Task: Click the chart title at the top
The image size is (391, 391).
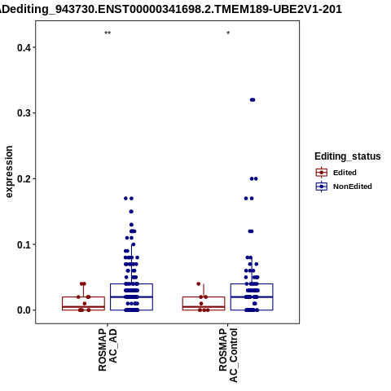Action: (x=171, y=10)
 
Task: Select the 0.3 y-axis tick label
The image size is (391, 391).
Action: (x=23, y=113)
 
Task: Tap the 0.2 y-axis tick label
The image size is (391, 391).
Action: (x=23, y=179)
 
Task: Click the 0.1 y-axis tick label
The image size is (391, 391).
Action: (x=23, y=245)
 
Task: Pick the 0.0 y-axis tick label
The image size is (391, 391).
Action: (x=23, y=310)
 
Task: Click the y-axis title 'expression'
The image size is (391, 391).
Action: (x=9, y=172)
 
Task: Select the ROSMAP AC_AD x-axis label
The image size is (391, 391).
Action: (x=108, y=349)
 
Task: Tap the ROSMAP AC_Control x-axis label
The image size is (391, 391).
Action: (x=228, y=355)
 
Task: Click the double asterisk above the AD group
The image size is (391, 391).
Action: (x=108, y=33)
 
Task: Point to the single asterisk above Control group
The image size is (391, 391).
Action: (x=228, y=33)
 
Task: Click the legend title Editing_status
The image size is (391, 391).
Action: (x=348, y=156)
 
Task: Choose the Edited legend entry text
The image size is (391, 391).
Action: (x=345, y=173)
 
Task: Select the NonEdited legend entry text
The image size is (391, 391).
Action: (x=353, y=187)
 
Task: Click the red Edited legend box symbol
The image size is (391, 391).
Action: (x=322, y=173)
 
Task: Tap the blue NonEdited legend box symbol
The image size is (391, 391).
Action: (x=322, y=187)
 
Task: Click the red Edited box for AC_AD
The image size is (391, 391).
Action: (x=83, y=297)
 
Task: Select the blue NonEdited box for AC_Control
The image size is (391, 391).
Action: (x=252, y=284)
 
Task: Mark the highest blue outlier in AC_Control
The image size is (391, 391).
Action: (x=253, y=100)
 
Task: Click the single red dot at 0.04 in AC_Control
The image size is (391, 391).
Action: (x=199, y=284)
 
